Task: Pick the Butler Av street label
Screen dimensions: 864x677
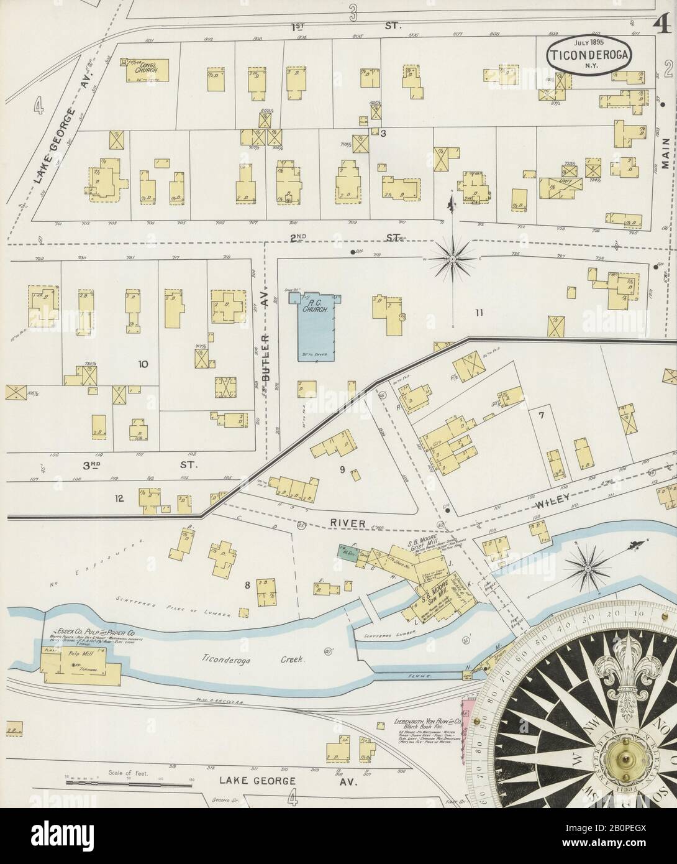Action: [x=267, y=367]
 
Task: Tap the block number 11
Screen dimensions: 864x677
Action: [x=478, y=313]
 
